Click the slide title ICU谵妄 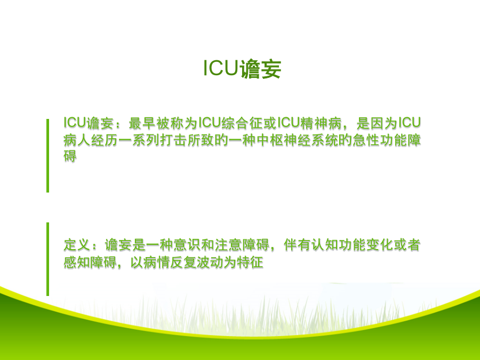(x=242, y=69)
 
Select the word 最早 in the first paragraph (x=142, y=123)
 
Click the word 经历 (x=105, y=140)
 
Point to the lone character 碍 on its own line (x=70, y=156)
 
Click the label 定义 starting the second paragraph (x=77, y=245)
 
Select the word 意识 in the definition (x=187, y=245)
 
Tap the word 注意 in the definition (x=228, y=245)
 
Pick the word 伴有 (x=297, y=245)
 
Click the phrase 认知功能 (x=338, y=245)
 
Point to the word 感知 (x=77, y=262)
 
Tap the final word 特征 (x=250, y=262)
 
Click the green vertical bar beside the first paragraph (x=48, y=156)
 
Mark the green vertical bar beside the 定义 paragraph (x=48, y=259)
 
